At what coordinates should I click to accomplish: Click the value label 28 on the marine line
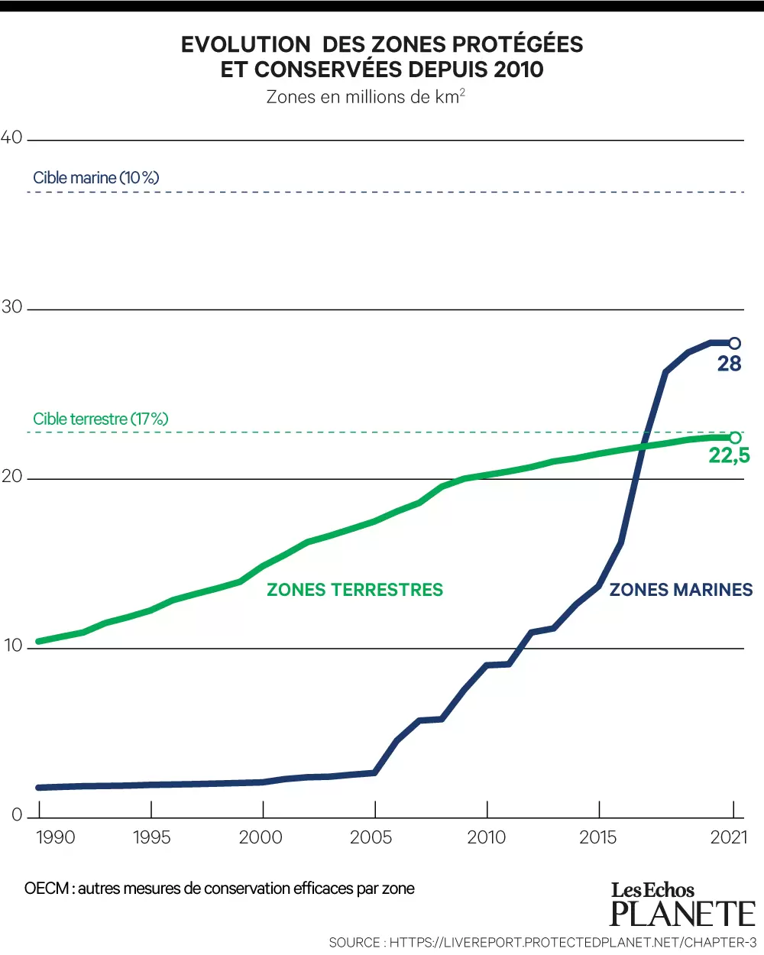pos(729,364)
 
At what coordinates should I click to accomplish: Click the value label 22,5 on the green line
pos(729,455)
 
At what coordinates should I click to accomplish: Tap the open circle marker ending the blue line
pos(734,343)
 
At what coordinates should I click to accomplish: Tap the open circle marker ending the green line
pos(735,438)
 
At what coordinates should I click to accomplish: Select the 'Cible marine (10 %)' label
pos(96,178)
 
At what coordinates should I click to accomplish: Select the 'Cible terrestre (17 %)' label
pos(100,419)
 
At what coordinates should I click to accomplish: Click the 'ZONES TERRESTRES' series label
pos(354,590)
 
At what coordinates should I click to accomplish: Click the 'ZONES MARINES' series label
pos(681,590)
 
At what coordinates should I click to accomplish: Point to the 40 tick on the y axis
pos(11,138)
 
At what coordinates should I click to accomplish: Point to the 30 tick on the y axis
pos(11,307)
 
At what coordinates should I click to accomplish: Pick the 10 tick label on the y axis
pos(13,646)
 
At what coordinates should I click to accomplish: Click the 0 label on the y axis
pos(17,814)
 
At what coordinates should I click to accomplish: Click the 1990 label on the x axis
pos(55,837)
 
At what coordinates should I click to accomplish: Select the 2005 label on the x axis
pos(371,837)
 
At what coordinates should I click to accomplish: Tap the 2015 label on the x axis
pos(597,837)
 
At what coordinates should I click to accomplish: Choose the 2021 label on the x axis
pos(729,837)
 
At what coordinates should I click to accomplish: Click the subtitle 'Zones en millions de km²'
pos(365,97)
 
